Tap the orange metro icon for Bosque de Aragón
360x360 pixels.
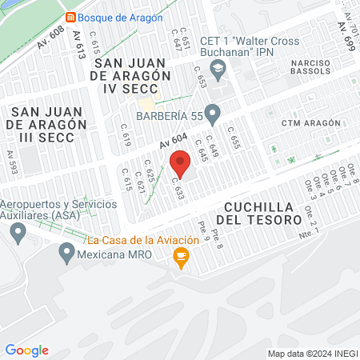(x=70, y=17)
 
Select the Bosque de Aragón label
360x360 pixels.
(x=120, y=17)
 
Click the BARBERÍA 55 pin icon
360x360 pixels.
(x=212, y=115)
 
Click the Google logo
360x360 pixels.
(x=26, y=350)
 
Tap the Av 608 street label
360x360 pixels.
(x=50, y=39)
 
